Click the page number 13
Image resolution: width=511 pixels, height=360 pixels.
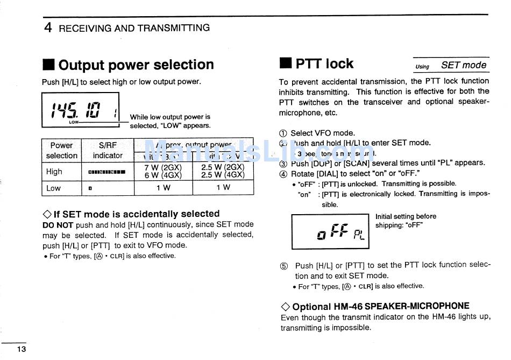(x=21, y=349)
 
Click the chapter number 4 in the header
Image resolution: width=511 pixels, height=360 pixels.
(x=48, y=28)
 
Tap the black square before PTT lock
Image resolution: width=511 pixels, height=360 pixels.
(x=285, y=64)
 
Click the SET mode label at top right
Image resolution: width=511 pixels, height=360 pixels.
(x=463, y=65)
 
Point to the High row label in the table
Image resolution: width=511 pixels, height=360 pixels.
(x=54, y=172)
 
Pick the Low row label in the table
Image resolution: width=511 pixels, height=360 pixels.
(x=54, y=188)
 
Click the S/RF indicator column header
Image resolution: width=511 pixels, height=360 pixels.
(x=108, y=150)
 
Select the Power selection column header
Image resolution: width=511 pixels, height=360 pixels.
(x=61, y=150)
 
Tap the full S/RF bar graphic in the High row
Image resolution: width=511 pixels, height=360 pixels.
(x=107, y=172)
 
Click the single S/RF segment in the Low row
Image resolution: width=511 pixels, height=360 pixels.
(x=90, y=188)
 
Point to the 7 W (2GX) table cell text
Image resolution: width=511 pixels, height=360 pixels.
(x=163, y=167)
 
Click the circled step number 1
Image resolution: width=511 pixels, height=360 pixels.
(x=283, y=133)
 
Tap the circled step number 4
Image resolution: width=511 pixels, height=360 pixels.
(x=283, y=174)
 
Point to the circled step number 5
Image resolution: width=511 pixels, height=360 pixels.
(x=284, y=266)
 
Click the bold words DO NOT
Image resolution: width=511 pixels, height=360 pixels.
(x=58, y=225)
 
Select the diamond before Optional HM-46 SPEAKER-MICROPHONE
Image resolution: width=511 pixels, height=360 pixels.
(x=285, y=307)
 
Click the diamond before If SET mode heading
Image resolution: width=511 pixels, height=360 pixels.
(x=47, y=214)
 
